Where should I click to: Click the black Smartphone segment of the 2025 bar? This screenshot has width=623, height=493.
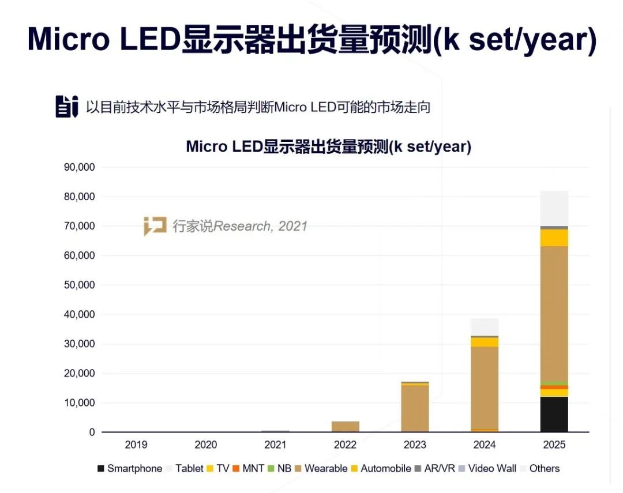click(x=554, y=414)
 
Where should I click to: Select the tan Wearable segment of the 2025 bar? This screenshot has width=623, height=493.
click(x=554, y=314)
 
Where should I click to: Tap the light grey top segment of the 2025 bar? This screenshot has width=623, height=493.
click(x=554, y=208)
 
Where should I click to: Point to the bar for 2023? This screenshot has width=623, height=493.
click(x=415, y=407)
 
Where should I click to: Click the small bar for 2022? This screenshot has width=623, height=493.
click(x=345, y=427)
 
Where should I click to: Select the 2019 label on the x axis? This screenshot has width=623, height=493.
click(x=136, y=445)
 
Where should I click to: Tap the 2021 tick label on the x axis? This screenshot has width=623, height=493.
click(x=275, y=445)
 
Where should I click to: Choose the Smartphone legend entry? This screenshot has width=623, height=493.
click(x=130, y=468)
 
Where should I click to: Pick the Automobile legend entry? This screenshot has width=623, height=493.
click(x=380, y=468)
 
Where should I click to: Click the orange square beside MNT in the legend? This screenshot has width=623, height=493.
click(x=236, y=468)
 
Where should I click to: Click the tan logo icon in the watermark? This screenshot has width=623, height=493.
click(x=155, y=226)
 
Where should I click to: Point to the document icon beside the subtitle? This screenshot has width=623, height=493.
click(x=66, y=107)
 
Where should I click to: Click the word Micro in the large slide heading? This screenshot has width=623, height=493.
click(x=67, y=39)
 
